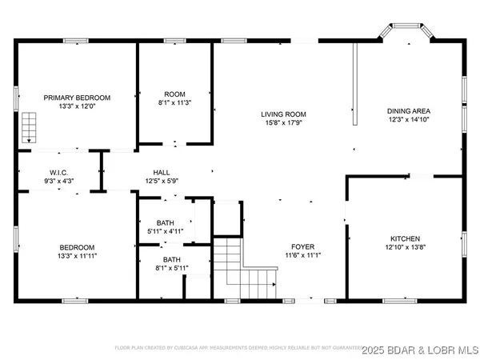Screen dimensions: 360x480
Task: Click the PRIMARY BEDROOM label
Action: (x=77, y=97)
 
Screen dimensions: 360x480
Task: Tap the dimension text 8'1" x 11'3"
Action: (x=174, y=102)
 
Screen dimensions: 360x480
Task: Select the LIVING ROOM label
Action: (x=283, y=114)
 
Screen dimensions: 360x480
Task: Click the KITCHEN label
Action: (x=405, y=238)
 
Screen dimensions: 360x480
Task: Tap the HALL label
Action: (x=162, y=172)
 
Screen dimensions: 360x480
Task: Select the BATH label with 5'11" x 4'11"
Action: (x=166, y=222)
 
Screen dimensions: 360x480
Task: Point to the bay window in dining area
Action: (x=406, y=34)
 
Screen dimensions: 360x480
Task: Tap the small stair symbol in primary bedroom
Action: (x=30, y=126)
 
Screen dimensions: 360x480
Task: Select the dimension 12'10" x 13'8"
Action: (x=405, y=247)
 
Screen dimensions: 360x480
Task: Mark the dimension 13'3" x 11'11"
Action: (x=77, y=256)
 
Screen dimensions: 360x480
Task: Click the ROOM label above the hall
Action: (x=174, y=94)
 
